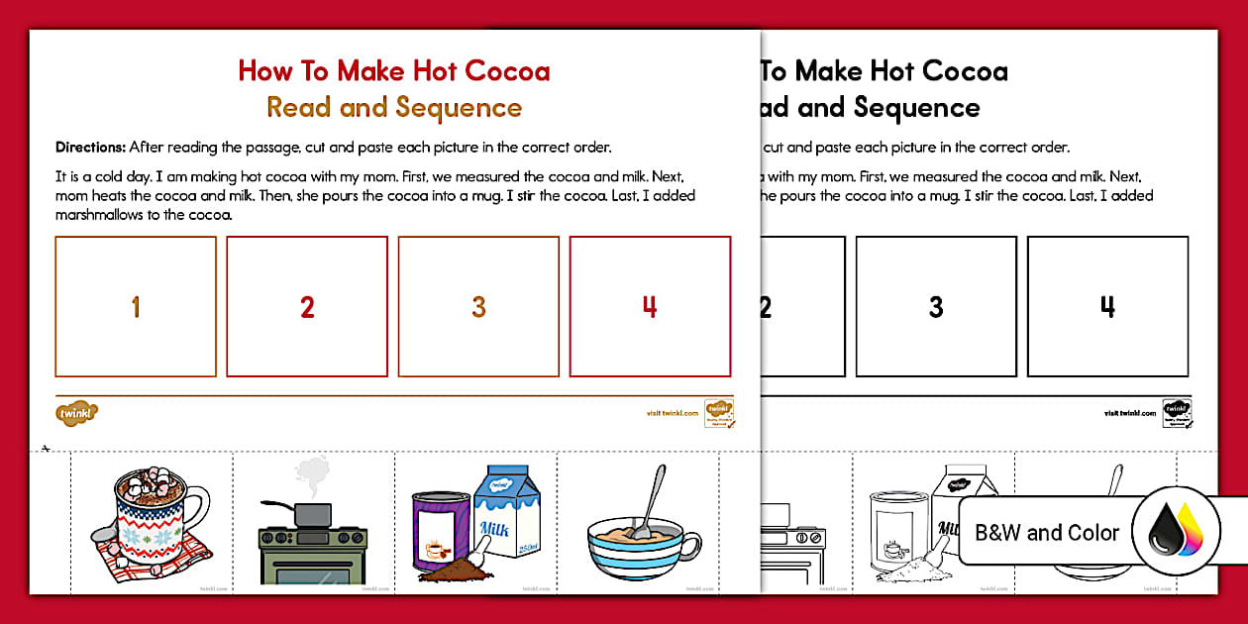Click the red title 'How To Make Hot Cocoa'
point(393,71)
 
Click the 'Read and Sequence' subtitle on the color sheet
point(393,107)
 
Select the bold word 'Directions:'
point(90,148)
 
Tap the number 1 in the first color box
point(136,307)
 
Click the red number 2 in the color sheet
point(307,307)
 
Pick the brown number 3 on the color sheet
point(478,307)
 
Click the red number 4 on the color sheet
point(650,307)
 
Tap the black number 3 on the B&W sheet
point(936,307)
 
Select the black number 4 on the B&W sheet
point(1107,307)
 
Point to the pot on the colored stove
point(312,513)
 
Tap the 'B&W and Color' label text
point(1047,533)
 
